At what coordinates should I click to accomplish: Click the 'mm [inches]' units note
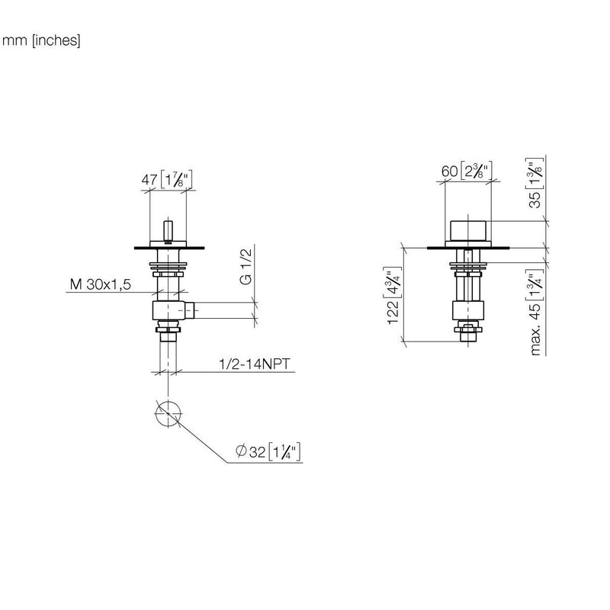click(41, 40)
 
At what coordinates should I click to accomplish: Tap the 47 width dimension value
click(149, 180)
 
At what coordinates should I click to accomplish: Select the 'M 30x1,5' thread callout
click(101, 284)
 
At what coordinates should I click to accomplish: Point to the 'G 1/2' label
click(246, 266)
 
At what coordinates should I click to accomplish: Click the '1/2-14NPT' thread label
click(255, 364)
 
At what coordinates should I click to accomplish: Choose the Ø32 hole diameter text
click(251, 451)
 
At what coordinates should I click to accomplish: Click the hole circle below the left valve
click(168, 413)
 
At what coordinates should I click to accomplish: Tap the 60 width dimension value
click(449, 171)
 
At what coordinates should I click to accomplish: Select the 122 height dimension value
click(393, 311)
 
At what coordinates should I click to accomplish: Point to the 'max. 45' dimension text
click(535, 329)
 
